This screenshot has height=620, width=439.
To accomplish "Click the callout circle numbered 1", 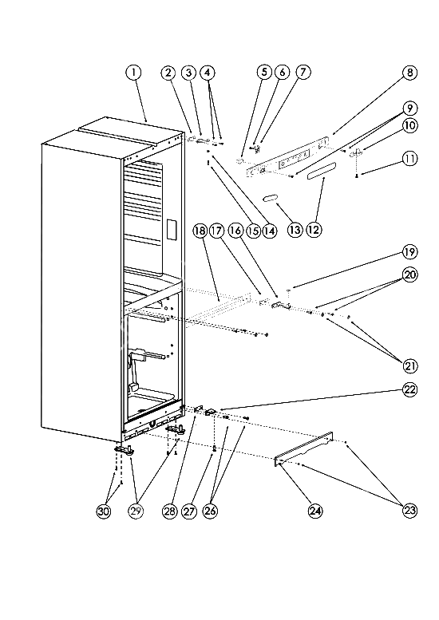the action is pos(133,73).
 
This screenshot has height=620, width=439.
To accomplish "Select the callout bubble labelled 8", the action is pos(409,73).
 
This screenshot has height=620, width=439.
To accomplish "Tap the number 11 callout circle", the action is pos(409,159).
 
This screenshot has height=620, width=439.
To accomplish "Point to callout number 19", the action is pos(409,252).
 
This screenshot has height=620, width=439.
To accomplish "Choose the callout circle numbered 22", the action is pos(409,389).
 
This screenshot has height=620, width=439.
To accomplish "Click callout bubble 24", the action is pos(315,511).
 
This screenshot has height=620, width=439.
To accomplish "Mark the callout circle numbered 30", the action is pos(104,511).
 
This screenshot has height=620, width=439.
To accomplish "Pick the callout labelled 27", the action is pos(189,511).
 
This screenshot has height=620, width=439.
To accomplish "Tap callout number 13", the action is pos(295,230).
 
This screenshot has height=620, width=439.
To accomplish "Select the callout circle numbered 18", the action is pos(200,230).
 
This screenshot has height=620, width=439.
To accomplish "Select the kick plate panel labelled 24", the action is pos(304,449).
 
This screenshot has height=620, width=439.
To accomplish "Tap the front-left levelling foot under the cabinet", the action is pos(125,450).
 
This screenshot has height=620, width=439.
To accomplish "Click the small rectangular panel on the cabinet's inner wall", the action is pos(172,229).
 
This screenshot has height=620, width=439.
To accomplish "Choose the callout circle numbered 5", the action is pos(264,73).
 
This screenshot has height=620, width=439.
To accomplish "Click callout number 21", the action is pos(409,365).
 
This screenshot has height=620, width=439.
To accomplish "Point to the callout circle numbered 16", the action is pos(235,230).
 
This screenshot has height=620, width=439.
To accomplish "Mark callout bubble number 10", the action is pos(409,126).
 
